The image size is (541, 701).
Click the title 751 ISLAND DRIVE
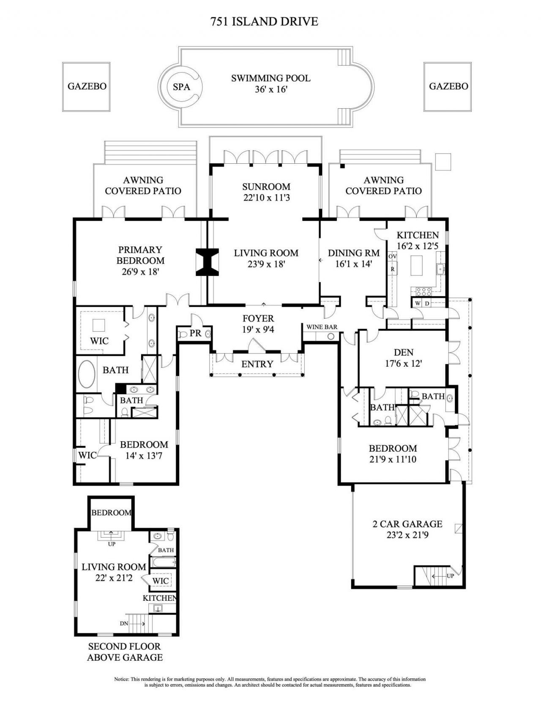pyautogui.click(x=264, y=22)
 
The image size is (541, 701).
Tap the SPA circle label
pyautogui.click(x=181, y=87)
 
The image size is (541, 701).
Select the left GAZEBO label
pyautogui.click(x=87, y=86)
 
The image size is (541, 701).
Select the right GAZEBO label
pyautogui.click(x=448, y=86)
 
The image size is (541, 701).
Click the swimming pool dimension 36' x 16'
pyautogui.click(x=270, y=90)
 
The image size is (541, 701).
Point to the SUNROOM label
pyautogui.click(x=266, y=187)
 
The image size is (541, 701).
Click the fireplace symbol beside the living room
pyautogui.click(x=207, y=262)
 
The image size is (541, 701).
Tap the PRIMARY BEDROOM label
pyautogui.click(x=140, y=255)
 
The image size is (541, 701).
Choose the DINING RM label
pyautogui.click(x=354, y=253)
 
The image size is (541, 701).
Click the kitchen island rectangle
pyautogui.click(x=417, y=266)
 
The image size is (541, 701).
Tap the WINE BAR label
pyautogui.click(x=322, y=327)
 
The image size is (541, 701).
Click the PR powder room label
pyautogui.click(x=195, y=333)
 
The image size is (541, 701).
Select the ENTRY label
pyautogui.click(x=257, y=364)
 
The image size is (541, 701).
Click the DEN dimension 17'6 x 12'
pyautogui.click(x=403, y=363)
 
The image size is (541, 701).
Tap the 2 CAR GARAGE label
pyautogui.click(x=407, y=524)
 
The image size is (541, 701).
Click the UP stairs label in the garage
pyautogui.click(x=450, y=576)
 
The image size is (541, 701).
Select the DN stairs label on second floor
pyautogui.click(x=124, y=623)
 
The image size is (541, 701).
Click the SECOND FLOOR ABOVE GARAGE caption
pyautogui.click(x=125, y=652)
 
